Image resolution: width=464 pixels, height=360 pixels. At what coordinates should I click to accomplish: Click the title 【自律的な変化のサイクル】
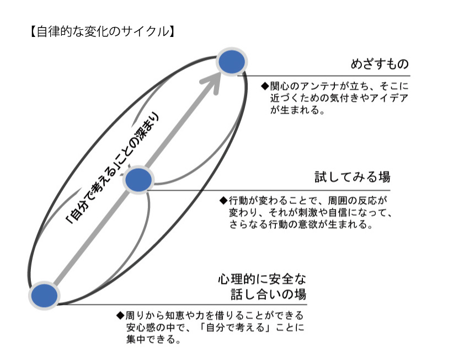click(102, 31)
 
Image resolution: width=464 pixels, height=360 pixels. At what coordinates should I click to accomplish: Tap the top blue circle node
click(232, 62)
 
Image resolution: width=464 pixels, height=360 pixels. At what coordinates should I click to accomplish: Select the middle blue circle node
click(138, 180)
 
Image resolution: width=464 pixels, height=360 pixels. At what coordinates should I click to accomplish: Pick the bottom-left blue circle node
click(44, 295)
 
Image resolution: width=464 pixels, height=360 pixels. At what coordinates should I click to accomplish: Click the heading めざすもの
click(380, 64)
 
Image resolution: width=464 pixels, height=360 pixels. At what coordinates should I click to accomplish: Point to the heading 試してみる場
click(353, 177)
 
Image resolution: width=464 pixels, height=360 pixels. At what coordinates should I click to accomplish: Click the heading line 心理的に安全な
click(262, 279)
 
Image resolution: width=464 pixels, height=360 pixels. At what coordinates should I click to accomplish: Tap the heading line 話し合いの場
click(268, 294)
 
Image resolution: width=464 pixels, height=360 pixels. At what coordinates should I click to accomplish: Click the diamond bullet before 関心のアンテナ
click(265, 86)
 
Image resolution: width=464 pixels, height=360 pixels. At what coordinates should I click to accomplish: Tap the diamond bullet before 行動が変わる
click(223, 201)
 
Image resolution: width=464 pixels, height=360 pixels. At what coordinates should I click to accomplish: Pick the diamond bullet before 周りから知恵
click(120, 315)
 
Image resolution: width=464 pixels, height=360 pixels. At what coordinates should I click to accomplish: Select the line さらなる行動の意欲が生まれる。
click(301, 224)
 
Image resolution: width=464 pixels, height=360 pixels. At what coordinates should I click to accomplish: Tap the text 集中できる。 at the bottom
click(153, 339)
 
